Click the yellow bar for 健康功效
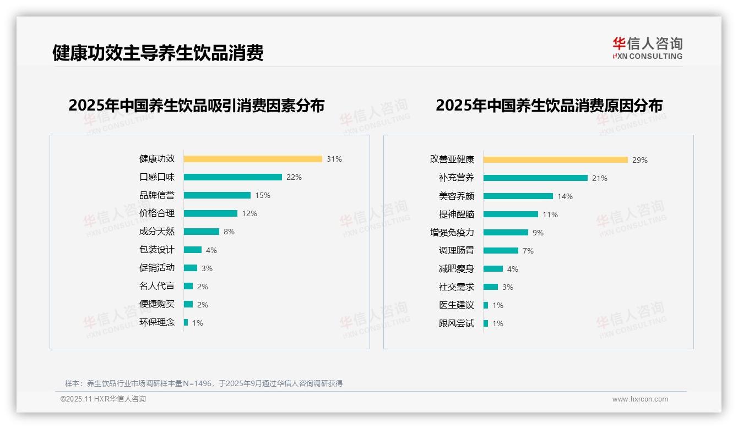click(x=253, y=159)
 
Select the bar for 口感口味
click(x=232, y=177)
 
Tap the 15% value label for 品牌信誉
click(x=263, y=195)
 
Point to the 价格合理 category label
click(x=156, y=213)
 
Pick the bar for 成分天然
click(x=201, y=232)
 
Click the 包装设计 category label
click(x=156, y=250)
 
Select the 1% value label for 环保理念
click(x=198, y=323)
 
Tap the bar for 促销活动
click(x=190, y=268)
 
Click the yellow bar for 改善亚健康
click(x=555, y=160)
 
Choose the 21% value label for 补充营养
click(x=600, y=178)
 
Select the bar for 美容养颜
click(x=518, y=196)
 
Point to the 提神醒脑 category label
click(x=456, y=215)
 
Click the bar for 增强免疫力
click(x=506, y=233)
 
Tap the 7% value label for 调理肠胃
click(x=528, y=251)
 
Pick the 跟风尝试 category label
click(x=456, y=323)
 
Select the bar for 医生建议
click(x=486, y=305)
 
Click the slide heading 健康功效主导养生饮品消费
click(x=158, y=53)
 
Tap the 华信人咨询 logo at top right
click(x=647, y=48)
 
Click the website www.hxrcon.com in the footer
click(x=640, y=399)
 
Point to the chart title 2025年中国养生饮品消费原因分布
click(x=549, y=105)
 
